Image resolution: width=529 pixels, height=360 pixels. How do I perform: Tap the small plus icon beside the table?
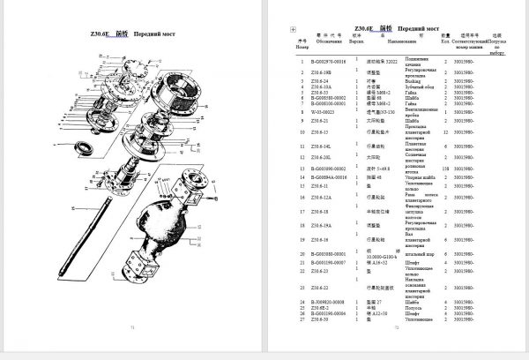tap(292, 29)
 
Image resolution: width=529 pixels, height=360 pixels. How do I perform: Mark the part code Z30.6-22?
tap(320, 287)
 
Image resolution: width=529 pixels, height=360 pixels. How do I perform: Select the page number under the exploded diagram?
tap(132, 349)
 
